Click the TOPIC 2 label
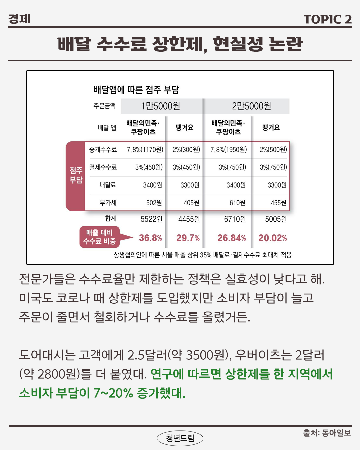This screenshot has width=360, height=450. [328, 19]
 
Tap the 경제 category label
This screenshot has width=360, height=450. [19, 19]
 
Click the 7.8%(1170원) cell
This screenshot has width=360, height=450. [145, 150]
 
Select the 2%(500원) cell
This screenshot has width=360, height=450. [273, 150]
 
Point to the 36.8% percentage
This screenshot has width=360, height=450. [150, 238]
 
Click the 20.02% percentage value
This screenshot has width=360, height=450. [272, 238]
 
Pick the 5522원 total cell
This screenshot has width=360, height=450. [151, 219]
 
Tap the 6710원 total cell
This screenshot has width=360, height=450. [235, 219]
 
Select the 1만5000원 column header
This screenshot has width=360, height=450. [161, 106]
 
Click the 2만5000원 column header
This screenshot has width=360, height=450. [251, 106]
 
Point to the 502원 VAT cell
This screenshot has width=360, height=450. [154, 203]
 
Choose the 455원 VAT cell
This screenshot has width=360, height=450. [278, 203]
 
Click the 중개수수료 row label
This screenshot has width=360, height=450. [103, 150]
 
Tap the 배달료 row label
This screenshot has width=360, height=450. [108, 185]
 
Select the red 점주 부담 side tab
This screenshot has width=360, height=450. [76, 175]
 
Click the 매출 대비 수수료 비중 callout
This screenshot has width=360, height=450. [100, 237]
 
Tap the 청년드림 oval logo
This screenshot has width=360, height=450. [180, 438]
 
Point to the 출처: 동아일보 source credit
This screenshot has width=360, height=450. [327, 433]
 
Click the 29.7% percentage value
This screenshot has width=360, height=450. [188, 238]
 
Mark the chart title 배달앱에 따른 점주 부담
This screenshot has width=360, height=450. [136, 90]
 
